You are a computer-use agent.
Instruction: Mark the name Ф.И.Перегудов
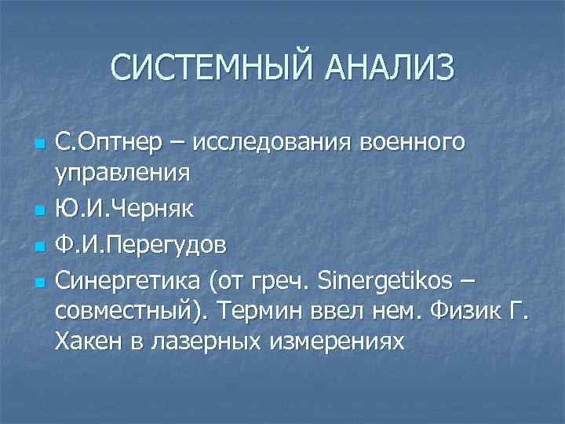pos(142,245)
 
